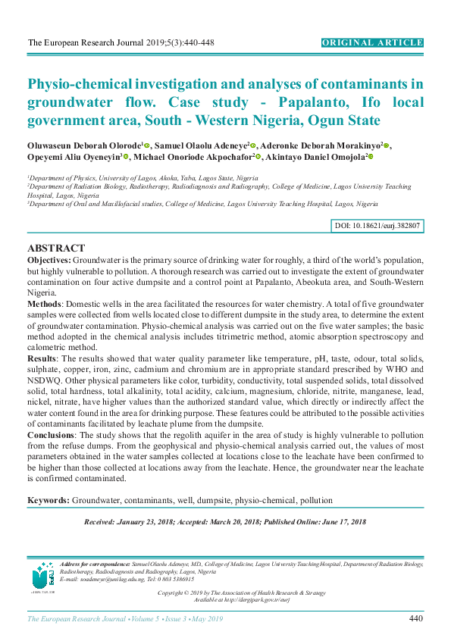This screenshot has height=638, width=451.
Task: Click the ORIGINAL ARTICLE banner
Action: (372, 42)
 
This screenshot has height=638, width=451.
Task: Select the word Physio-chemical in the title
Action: (82, 84)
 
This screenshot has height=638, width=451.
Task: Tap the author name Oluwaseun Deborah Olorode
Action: (83, 144)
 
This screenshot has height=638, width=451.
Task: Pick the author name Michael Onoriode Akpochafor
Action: (193, 156)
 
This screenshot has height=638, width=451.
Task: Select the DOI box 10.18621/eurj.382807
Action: (377, 226)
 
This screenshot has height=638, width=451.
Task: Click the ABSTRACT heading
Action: (56, 249)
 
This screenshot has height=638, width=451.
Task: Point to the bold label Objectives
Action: (49, 260)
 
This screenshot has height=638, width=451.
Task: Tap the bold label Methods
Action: (46, 303)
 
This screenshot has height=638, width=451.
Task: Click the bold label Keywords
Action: (49, 500)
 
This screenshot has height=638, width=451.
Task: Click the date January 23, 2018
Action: (144, 523)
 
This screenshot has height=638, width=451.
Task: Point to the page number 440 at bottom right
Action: (415, 619)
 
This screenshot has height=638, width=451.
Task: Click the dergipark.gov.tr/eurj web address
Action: (253, 599)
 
